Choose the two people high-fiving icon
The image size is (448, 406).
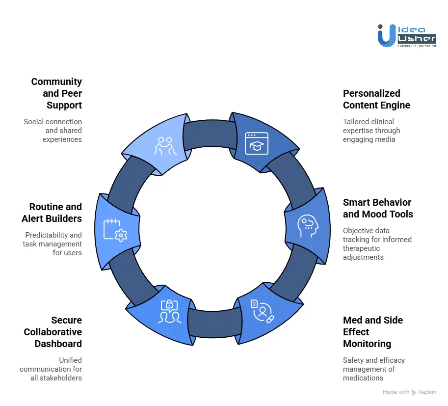click(165, 146)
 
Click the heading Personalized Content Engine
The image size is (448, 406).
click(376, 99)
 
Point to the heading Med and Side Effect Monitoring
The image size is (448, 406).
click(373, 332)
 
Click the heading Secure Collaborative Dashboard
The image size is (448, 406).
click(53, 332)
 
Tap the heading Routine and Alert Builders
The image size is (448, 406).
click(52, 213)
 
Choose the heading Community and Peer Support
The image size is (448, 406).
click(56, 93)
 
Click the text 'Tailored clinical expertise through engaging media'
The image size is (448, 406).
click(371, 130)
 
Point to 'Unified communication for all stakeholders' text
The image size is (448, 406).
click(51, 369)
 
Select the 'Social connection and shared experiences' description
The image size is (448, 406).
click(53, 130)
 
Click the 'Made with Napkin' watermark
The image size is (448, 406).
click(409, 392)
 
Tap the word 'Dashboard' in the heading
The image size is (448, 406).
click(58, 344)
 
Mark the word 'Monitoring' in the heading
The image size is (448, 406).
click(367, 344)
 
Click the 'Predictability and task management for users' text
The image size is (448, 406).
click(53, 244)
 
